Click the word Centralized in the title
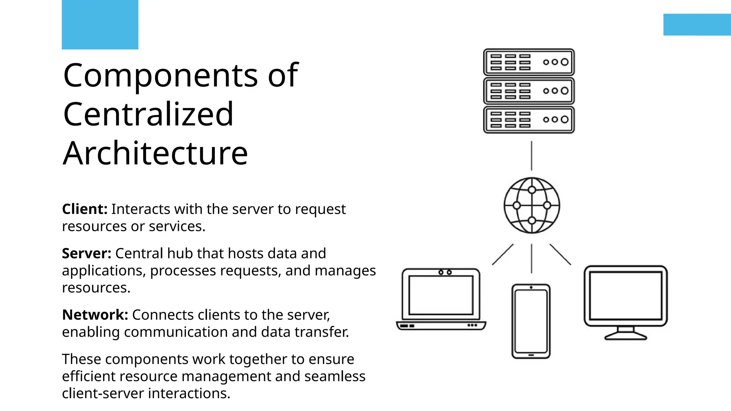[148, 115]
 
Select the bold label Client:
[85, 209]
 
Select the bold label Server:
[87, 253]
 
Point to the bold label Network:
[95, 315]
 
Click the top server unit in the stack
[529, 62]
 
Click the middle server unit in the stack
[529, 91]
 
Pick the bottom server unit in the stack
[529, 120]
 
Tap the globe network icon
[532, 205]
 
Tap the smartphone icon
[531, 321]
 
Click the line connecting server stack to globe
[531, 156]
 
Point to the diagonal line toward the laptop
[503, 254]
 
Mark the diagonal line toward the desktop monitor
[560, 254]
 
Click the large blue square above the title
[100, 24]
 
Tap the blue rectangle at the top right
[697, 24]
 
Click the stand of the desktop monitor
[625, 334]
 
